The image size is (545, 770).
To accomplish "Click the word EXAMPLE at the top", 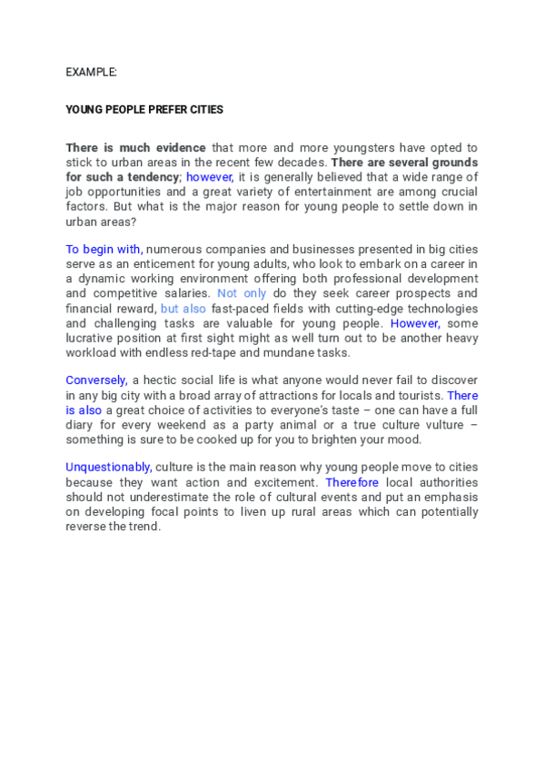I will click(x=91, y=71).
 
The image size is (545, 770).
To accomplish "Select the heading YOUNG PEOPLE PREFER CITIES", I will click(x=144, y=109).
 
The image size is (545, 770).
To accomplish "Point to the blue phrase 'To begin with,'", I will click(x=104, y=249).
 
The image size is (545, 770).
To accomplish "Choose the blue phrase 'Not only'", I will click(x=242, y=293).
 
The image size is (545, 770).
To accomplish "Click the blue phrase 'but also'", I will click(x=183, y=308).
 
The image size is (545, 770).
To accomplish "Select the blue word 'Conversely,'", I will click(x=96, y=381).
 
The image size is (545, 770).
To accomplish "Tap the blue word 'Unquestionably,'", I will click(x=108, y=468).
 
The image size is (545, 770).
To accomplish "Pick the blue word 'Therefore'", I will click(x=352, y=482).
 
